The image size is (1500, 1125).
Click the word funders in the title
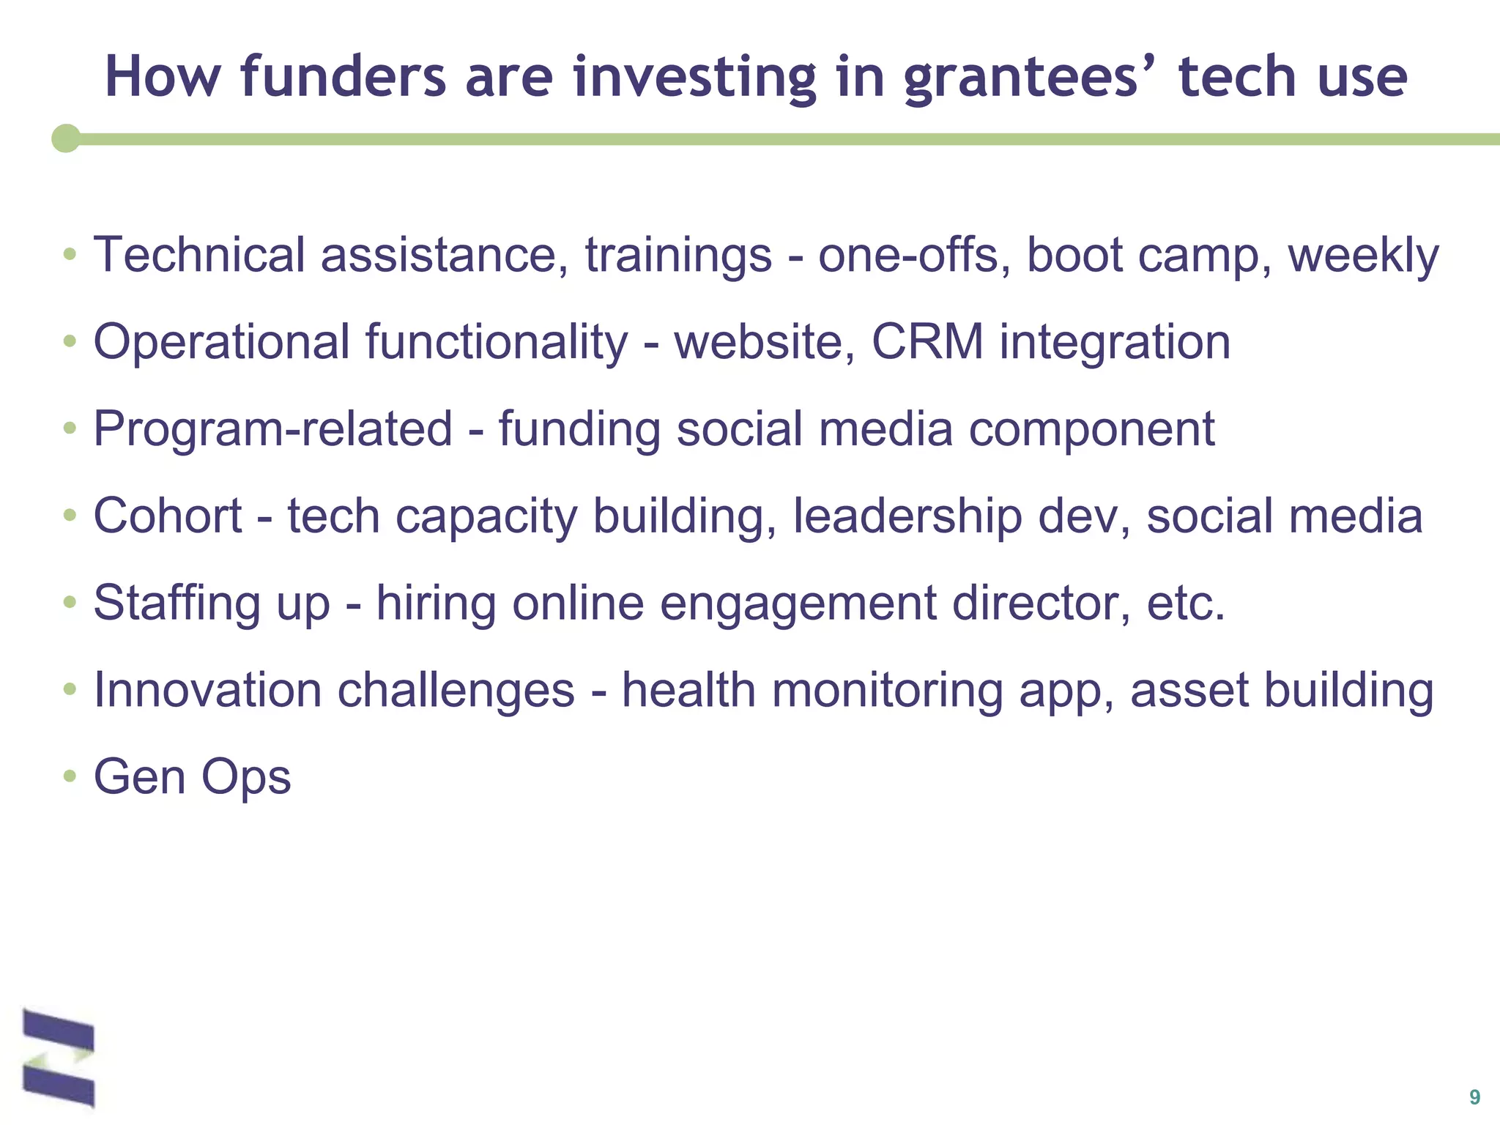click(343, 76)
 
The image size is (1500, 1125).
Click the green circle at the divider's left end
click(66, 138)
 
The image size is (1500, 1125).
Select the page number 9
click(1474, 1097)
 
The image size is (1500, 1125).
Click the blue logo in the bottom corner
click(59, 1058)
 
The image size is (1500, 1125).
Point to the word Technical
click(198, 255)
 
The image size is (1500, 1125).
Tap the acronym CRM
click(927, 342)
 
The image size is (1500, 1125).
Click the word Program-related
click(272, 429)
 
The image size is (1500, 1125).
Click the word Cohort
click(167, 516)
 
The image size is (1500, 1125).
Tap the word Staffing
click(177, 604)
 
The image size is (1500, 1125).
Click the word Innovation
click(207, 690)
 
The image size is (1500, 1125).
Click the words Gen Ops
click(192, 778)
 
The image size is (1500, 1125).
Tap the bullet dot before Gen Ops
click(70, 775)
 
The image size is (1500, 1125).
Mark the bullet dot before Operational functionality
click(70, 341)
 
